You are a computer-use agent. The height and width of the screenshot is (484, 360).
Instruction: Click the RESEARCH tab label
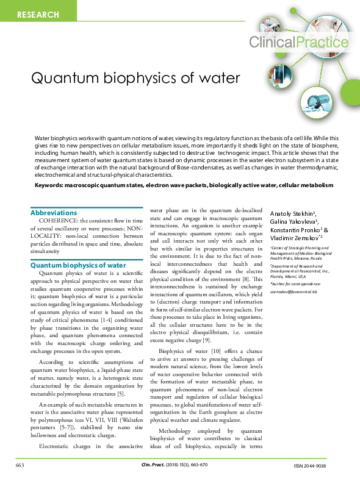(38, 14)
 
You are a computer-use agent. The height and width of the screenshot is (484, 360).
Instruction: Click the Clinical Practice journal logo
(298, 41)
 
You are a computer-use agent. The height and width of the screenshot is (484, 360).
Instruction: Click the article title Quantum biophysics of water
(135, 79)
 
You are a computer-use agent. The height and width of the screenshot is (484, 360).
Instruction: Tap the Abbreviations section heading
(54, 213)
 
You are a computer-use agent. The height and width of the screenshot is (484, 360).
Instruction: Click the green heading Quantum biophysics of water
(78, 265)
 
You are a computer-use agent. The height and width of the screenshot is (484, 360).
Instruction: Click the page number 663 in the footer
(20, 466)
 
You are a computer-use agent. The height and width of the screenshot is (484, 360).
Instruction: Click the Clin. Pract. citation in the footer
(152, 466)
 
